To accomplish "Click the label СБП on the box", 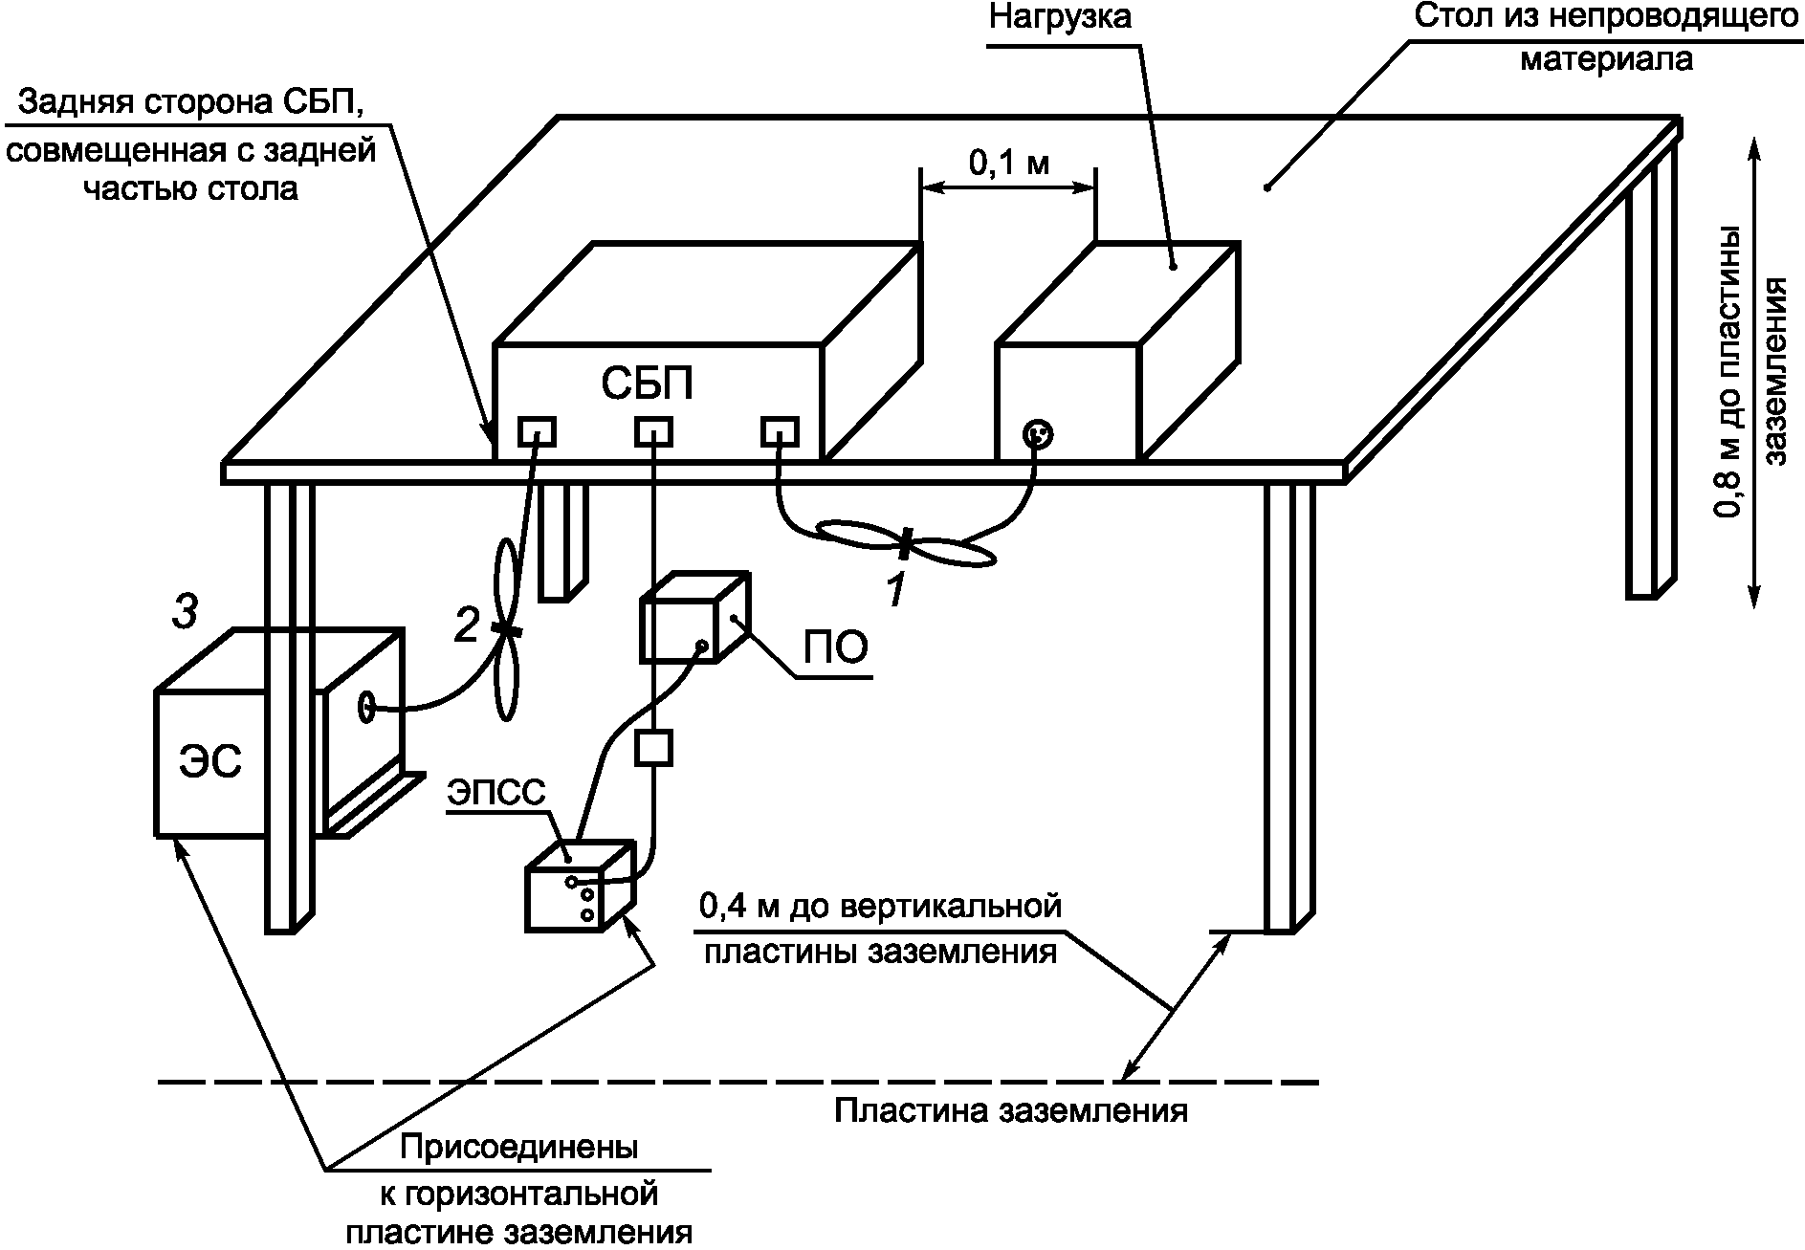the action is (x=647, y=384).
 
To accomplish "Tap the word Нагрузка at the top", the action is (x=1059, y=16).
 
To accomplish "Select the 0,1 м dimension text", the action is (x=1009, y=163).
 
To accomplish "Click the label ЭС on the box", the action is (x=209, y=762).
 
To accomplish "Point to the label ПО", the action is (x=835, y=647).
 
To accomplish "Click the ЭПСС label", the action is (x=496, y=792).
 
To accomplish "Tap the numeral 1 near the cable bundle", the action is (x=895, y=591).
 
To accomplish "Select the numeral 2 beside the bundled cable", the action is (x=466, y=626).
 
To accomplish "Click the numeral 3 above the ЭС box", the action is (x=185, y=612).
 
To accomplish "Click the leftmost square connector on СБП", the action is (x=538, y=432).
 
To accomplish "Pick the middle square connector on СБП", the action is (x=653, y=432).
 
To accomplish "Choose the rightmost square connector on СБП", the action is (x=780, y=432).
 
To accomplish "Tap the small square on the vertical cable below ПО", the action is (x=653, y=748).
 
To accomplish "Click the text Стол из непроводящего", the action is (x=1605, y=18).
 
